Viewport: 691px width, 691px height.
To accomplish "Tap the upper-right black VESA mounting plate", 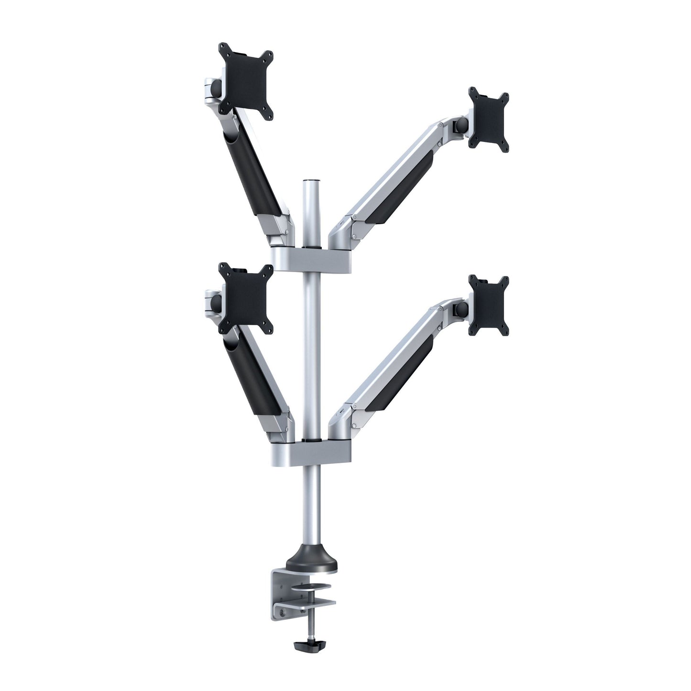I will [489, 120].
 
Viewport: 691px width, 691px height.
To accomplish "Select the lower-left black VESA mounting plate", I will [246, 298].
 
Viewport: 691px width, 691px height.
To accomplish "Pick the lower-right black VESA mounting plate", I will [489, 306].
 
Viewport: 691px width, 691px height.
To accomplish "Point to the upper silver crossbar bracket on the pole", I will [311, 259].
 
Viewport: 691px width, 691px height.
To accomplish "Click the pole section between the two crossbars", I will [311, 349].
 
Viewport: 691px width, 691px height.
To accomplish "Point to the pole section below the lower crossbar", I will [311, 502].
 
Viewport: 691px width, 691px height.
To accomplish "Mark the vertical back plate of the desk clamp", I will [279, 593].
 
